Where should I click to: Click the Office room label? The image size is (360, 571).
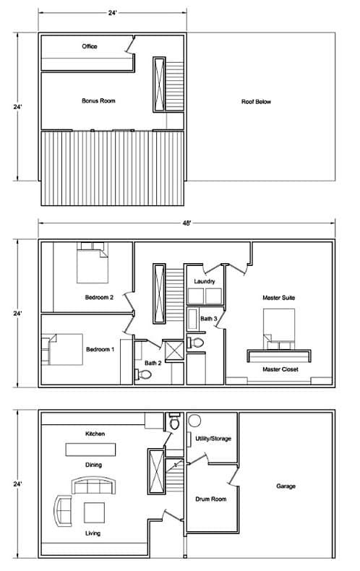coord(89,46)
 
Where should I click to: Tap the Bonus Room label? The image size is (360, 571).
coord(98,100)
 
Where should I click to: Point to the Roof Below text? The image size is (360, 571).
coord(256,102)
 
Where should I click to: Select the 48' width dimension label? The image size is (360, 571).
coord(187,223)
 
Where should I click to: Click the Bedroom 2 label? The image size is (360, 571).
coord(99,297)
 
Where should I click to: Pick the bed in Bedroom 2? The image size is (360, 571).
coord(93,262)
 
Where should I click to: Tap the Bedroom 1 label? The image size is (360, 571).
coord(100,349)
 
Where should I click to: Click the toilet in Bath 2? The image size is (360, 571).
coord(143,374)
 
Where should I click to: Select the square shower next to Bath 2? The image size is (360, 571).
coord(173,351)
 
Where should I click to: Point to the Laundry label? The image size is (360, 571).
coord(205,281)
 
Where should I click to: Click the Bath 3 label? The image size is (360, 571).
coord(209,319)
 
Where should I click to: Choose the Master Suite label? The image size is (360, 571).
coord(279,298)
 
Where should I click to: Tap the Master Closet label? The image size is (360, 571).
coord(280,369)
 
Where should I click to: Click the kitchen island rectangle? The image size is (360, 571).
coord(91,450)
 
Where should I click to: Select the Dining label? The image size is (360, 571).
coord(94,465)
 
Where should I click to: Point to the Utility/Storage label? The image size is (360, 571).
coord(213,439)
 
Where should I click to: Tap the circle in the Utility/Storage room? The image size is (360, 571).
coord(194,421)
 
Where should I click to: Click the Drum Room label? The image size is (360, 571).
coord(211,499)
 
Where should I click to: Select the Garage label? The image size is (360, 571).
coord(286,486)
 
